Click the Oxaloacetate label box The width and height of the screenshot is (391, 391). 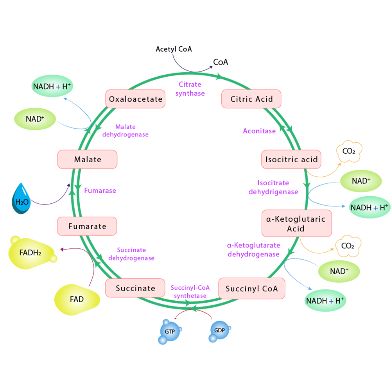click(135, 99)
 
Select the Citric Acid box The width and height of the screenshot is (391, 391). click(251, 99)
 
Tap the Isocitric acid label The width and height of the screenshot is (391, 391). click(291, 160)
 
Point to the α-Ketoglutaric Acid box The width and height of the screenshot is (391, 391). click(296, 224)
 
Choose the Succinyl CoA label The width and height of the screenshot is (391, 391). click(251, 289)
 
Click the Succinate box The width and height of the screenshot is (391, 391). click(135, 289)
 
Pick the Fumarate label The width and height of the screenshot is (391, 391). click(87, 226)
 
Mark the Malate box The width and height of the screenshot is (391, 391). click(87, 160)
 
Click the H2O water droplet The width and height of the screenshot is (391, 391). click(22, 201)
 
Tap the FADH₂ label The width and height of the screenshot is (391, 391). click(30, 253)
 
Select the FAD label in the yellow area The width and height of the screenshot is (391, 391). click(77, 300)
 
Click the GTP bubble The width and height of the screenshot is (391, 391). click(169, 331)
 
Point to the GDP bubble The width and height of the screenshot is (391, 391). click(219, 330)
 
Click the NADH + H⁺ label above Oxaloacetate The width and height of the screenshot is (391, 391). click(52, 86)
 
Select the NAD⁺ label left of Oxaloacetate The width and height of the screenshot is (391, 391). click(35, 119)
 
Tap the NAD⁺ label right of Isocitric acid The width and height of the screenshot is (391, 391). click(361, 181)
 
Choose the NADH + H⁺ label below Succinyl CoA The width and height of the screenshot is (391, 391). click(325, 301)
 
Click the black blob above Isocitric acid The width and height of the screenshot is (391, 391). click(348, 151)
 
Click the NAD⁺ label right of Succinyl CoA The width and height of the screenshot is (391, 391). click(339, 271)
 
